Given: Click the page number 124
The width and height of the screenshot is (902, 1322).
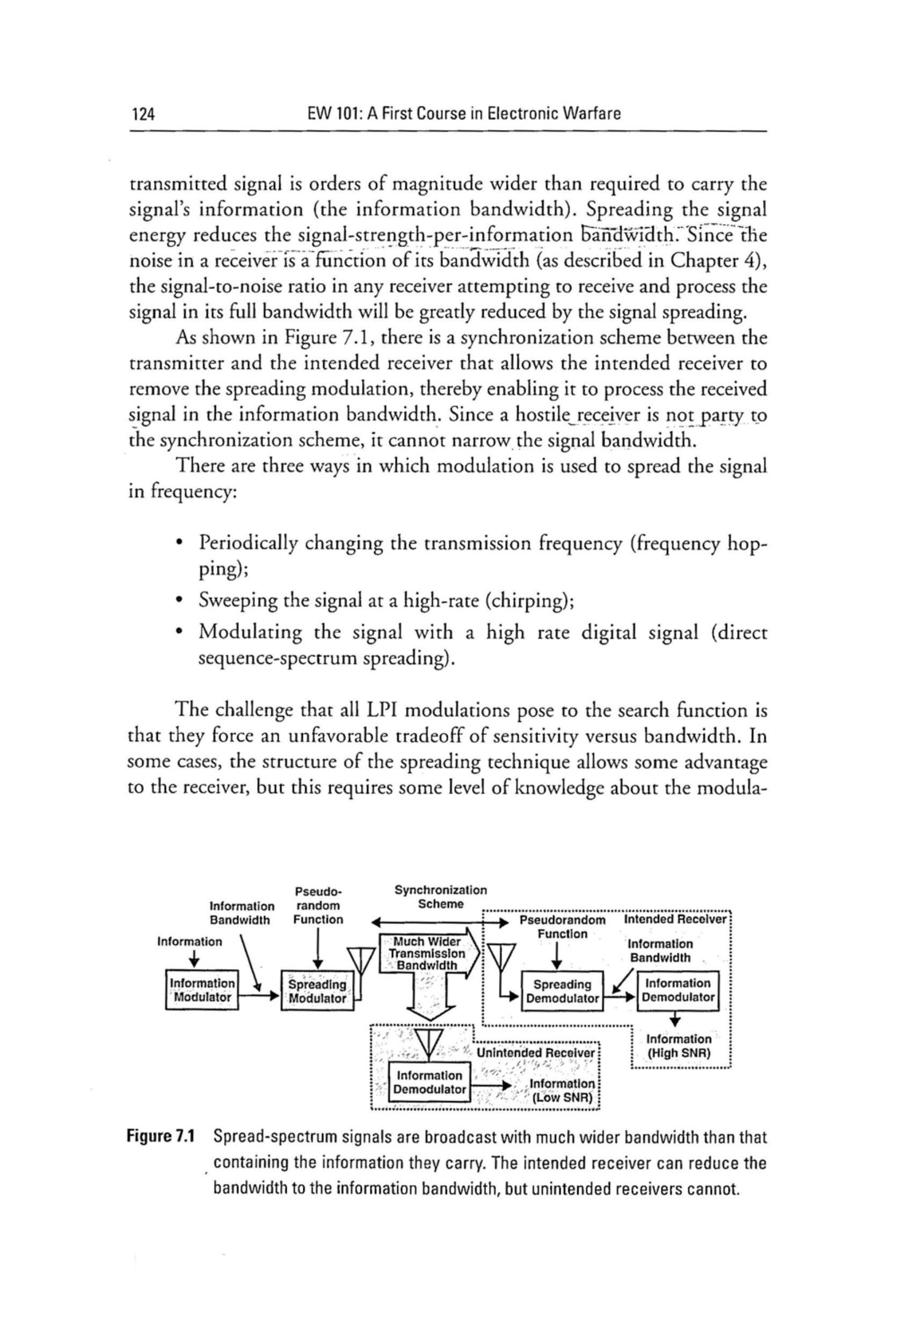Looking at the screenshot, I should pos(143,114).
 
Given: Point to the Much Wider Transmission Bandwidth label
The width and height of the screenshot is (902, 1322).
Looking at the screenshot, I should pos(426,953).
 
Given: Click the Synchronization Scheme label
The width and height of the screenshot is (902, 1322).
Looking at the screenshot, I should pos(440,897).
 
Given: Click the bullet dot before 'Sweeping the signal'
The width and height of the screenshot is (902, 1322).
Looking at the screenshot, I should pos(180,600).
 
